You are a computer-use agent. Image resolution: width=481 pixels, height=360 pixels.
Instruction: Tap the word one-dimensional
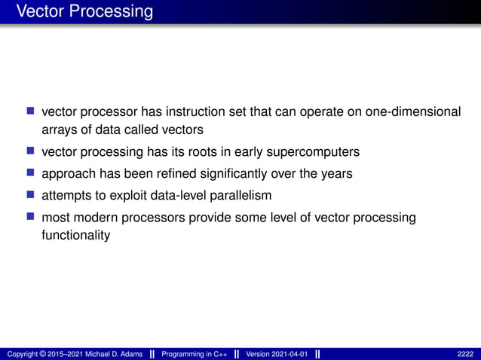[412, 111]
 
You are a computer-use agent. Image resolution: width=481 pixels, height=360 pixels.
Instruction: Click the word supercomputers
[310, 151]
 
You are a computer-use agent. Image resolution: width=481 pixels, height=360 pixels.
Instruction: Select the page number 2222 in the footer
[465, 354]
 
